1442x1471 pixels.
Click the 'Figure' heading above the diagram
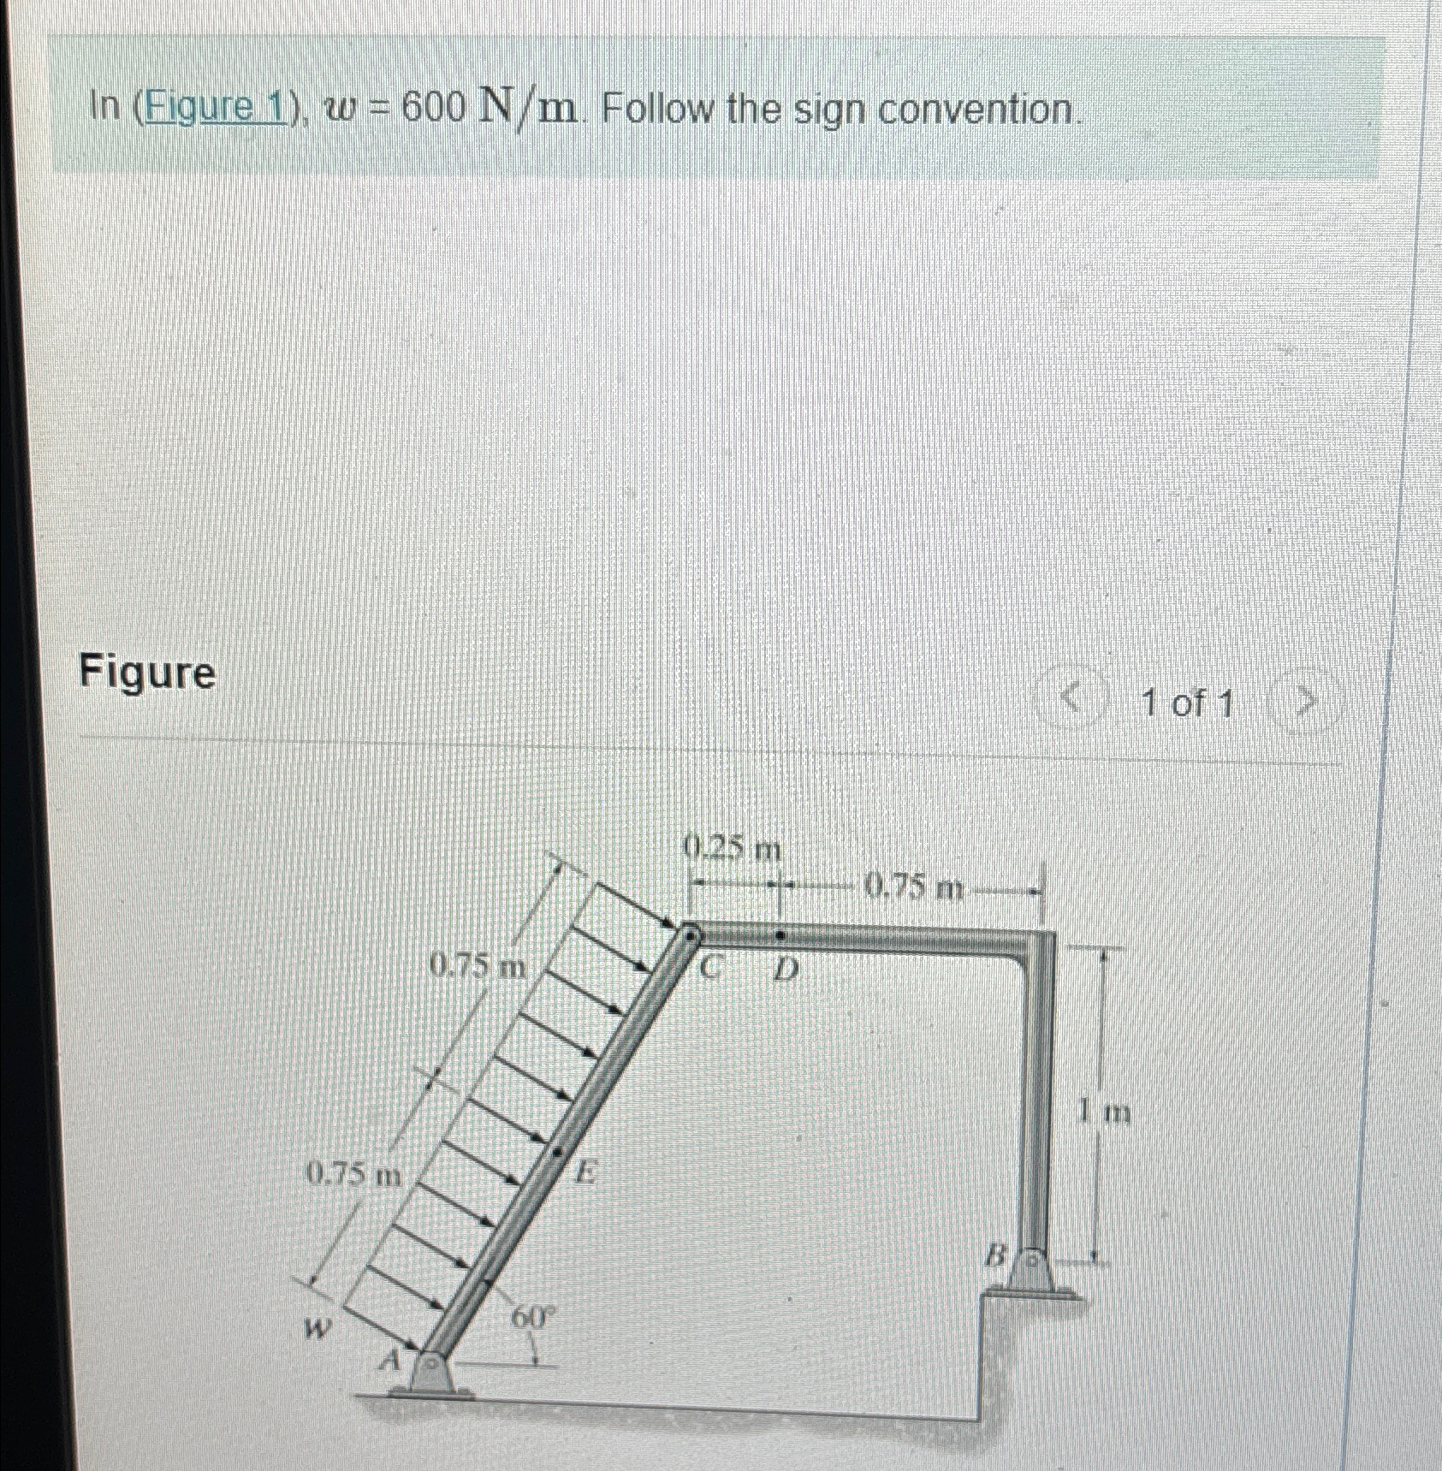[x=148, y=673]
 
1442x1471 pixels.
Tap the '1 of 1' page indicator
[x=1188, y=704]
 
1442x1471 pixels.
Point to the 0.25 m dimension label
[x=733, y=850]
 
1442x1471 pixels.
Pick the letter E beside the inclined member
[x=585, y=1171]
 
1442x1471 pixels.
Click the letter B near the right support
[x=994, y=1257]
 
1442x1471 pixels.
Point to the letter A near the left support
[x=390, y=1359]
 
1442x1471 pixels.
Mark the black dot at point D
[x=779, y=935]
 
